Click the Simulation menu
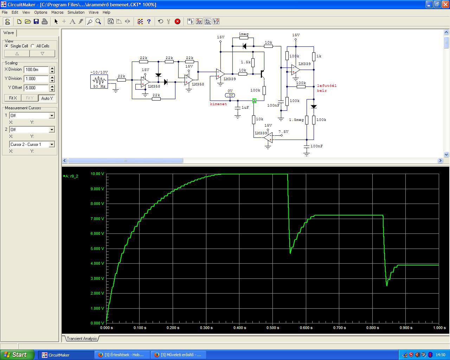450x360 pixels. (76, 12)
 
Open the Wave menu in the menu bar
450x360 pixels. (94, 12)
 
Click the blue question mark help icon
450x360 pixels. (149, 21)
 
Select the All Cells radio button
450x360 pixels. (33, 46)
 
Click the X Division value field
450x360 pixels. (36, 70)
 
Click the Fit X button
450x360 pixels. (13, 98)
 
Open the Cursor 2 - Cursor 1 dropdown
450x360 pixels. (32, 144)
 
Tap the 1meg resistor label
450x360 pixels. (244, 34)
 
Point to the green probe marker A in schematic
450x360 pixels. (254, 101)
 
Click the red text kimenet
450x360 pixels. (218, 104)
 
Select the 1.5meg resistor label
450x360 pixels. (296, 120)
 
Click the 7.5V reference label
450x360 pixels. (284, 131)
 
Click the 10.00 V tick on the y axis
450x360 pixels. (97, 174)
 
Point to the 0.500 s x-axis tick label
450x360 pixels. (273, 328)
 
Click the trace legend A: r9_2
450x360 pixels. (71, 176)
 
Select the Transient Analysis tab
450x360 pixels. (82, 339)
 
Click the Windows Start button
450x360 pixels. (17, 355)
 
